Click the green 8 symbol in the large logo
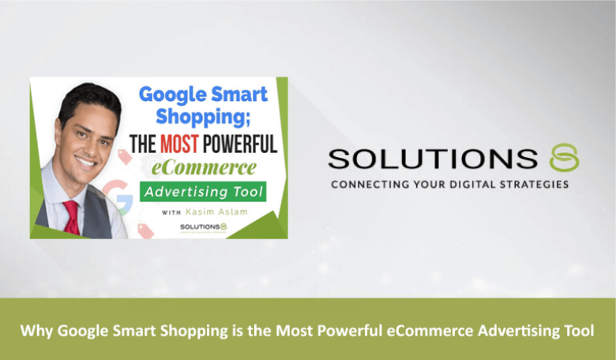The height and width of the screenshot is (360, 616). pos(565,159)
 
